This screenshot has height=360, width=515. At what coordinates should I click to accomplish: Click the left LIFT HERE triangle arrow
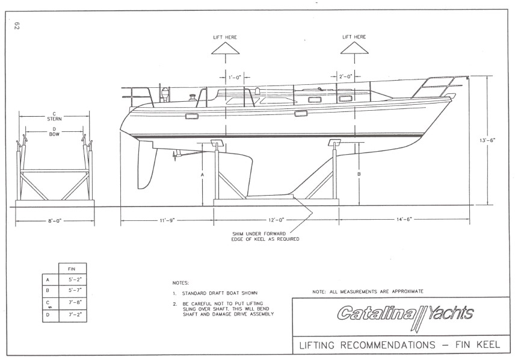pyautogui.click(x=225, y=48)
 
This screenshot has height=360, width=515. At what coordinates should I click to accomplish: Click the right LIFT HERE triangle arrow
pyautogui.click(x=354, y=48)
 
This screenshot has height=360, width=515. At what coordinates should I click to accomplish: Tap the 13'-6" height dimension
pyautogui.click(x=487, y=140)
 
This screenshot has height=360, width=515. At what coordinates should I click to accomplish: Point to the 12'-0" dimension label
pyautogui.click(x=277, y=220)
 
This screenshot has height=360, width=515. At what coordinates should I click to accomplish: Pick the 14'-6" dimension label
pyautogui.click(x=404, y=219)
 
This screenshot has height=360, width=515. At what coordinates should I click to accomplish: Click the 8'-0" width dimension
pyautogui.click(x=55, y=221)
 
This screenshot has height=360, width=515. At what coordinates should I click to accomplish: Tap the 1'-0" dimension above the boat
pyautogui.click(x=235, y=77)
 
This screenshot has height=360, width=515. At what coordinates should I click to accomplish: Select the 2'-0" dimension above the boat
pyautogui.click(x=345, y=76)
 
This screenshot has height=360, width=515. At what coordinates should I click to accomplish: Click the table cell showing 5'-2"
pyautogui.click(x=73, y=280)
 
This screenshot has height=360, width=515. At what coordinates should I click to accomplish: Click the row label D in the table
pyautogui.click(x=48, y=315)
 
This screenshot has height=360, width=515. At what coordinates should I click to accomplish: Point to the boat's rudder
pyautogui.click(x=146, y=166)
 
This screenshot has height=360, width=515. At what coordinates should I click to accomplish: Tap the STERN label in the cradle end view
pyautogui.click(x=54, y=119)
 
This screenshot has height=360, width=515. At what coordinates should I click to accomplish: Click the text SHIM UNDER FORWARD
pyautogui.click(x=259, y=234)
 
